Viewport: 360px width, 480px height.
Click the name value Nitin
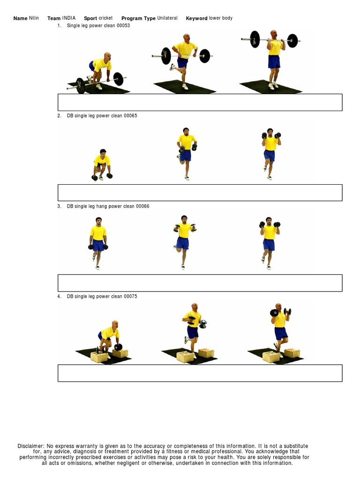tap(34, 18)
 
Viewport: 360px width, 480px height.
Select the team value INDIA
tap(69, 18)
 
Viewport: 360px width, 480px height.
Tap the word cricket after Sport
tap(105, 18)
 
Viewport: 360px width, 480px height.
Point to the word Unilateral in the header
tap(167, 18)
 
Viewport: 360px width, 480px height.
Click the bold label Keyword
tap(196, 18)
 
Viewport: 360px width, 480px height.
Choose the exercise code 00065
tap(130, 116)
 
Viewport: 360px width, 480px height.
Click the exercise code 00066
tap(142, 206)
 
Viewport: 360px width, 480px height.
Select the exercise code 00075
tap(130, 297)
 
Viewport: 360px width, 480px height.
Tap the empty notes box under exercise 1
tap(200, 102)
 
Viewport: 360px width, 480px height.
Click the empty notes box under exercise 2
tap(200, 193)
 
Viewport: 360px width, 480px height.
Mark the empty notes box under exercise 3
tap(200, 283)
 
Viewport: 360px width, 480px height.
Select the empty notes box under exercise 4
tap(200, 373)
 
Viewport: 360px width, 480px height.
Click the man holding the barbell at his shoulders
tap(274, 59)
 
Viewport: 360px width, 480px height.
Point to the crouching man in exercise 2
tap(102, 165)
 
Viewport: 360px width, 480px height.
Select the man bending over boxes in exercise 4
tap(109, 337)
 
